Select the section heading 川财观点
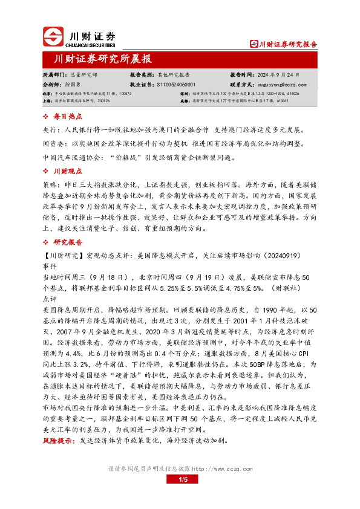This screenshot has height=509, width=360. (x=64, y=172)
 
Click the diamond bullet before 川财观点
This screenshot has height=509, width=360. (x=47, y=172)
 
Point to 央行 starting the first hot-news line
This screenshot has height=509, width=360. (x=49, y=130)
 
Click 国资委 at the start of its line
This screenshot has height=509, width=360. (x=52, y=144)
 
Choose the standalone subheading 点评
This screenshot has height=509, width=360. (x=49, y=299)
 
